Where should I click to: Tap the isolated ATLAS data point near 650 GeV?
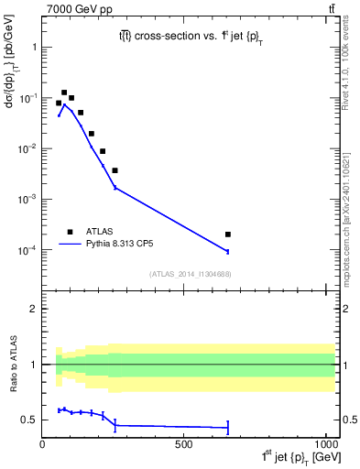tap(227, 234)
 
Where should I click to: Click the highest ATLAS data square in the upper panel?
tap(64, 93)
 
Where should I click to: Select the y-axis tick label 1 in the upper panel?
tap(33, 47)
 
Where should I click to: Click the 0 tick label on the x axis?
tap(42, 443)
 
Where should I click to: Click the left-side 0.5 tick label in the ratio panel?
tap(30, 420)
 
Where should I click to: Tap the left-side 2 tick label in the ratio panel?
tap(35, 309)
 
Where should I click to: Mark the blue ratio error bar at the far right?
tap(227, 427)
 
